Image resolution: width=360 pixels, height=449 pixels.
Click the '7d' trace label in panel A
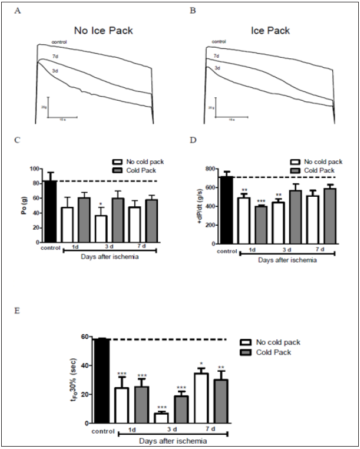pyautogui.click(x=54, y=57)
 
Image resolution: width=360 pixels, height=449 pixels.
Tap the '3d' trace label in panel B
pyautogui.click(x=218, y=68)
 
